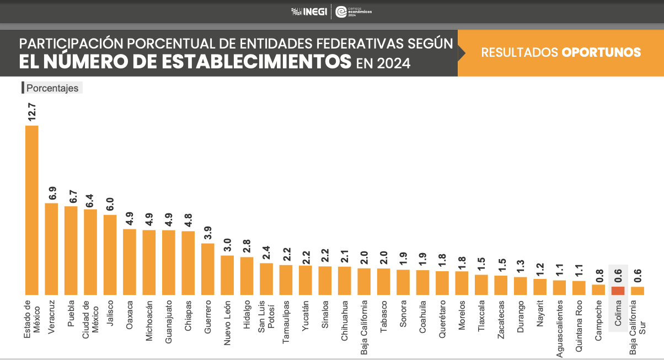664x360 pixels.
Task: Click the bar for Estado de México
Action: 32,210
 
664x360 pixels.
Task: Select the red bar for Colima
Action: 618,291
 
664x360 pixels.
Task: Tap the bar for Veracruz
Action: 51,249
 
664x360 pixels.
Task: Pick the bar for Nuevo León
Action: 227,275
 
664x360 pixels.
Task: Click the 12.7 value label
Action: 32,112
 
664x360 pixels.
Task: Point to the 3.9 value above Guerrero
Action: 208,232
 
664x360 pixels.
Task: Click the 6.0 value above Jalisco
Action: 110,204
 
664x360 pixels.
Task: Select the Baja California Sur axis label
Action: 637,318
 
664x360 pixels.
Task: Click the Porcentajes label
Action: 52,88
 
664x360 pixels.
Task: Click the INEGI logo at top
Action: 309,12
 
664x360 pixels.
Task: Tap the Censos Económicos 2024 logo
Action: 353,12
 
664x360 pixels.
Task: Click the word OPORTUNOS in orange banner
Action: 601,52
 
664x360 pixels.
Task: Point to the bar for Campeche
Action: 598,289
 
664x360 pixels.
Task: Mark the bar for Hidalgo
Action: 247,276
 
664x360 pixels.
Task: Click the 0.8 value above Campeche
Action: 598,274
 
